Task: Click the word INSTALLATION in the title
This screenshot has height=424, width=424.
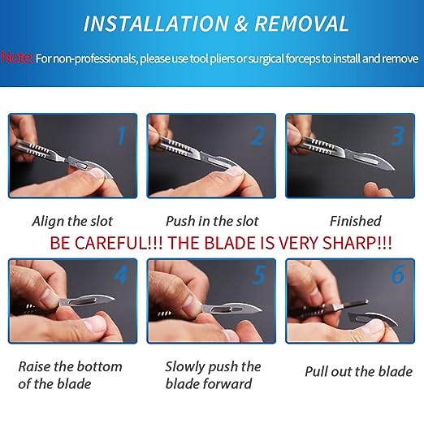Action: (156, 24)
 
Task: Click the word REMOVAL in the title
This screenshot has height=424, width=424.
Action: (301, 24)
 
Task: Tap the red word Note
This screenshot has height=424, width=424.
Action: (17, 58)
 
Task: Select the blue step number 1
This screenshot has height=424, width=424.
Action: (122, 136)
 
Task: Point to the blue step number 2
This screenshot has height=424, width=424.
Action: (257, 136)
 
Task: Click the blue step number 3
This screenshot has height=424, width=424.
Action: (397, 136)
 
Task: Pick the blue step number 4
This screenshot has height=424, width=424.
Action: (120, 275)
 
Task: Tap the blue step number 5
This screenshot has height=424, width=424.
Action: (259, 275)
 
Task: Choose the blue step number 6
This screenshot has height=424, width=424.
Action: (397, 275)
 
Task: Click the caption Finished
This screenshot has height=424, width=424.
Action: (356, 221)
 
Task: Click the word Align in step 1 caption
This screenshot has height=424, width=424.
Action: (48, 222)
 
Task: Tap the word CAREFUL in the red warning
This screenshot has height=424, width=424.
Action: (110, 243)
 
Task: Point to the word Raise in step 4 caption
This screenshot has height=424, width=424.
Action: (34, 367)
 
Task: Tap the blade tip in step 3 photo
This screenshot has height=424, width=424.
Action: (394, 170)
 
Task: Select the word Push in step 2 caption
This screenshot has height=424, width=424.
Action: (180, 221)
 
